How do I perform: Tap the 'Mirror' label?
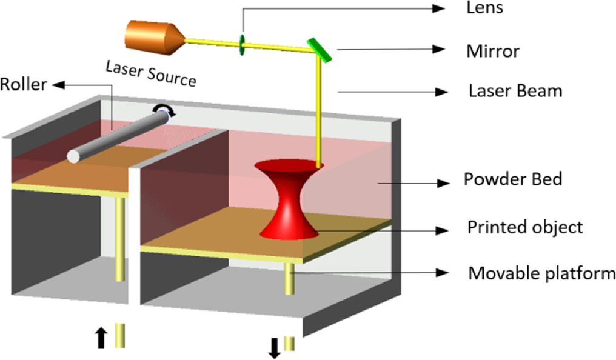point(492,50)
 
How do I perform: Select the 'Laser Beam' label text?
point(515,91)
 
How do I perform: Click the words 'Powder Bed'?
point(513,179)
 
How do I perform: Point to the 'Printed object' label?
point(524,227)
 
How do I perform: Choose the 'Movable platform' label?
point(541,273)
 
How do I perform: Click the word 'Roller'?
point(24,84)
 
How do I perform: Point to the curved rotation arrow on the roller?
point(164,110)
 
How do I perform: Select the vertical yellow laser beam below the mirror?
point(316,109)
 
